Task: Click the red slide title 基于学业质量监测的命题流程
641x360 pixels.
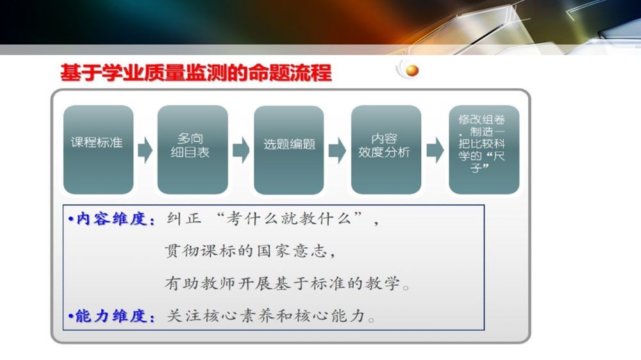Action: click(x=196, y=73)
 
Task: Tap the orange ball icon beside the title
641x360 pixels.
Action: click(x=412, y=70)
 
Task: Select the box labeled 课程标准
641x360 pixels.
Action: click(x=99, y=149)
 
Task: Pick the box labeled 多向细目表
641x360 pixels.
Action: click(x=192, y=149)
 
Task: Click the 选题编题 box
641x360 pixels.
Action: click(x=289, y=149)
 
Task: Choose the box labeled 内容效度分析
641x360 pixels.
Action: click(x=387, y=149)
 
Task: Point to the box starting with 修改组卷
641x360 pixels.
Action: click(x=484, y=149)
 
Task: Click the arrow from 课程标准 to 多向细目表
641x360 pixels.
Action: click(x=145, y=151)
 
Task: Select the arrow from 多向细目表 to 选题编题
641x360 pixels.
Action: click(x=241, y=151)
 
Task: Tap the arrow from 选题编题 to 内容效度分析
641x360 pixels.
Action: click(x=337, y=151)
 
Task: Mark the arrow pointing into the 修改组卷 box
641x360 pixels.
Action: click(x=435, y=151)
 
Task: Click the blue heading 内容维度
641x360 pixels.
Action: click(x=112, y=219)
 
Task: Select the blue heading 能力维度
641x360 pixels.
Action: click(x=111, y=316)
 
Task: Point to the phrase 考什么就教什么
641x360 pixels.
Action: click(x=290, y=218)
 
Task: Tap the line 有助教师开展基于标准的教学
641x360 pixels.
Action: click(x=282, y=282)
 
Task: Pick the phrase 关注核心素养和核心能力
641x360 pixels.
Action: click(x=266, y=315)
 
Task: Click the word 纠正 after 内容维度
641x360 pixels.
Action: click(x=185, y=218)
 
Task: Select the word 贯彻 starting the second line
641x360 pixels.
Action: click(x=182, y=250)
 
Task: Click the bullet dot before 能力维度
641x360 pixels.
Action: click(x=71, y=316)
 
